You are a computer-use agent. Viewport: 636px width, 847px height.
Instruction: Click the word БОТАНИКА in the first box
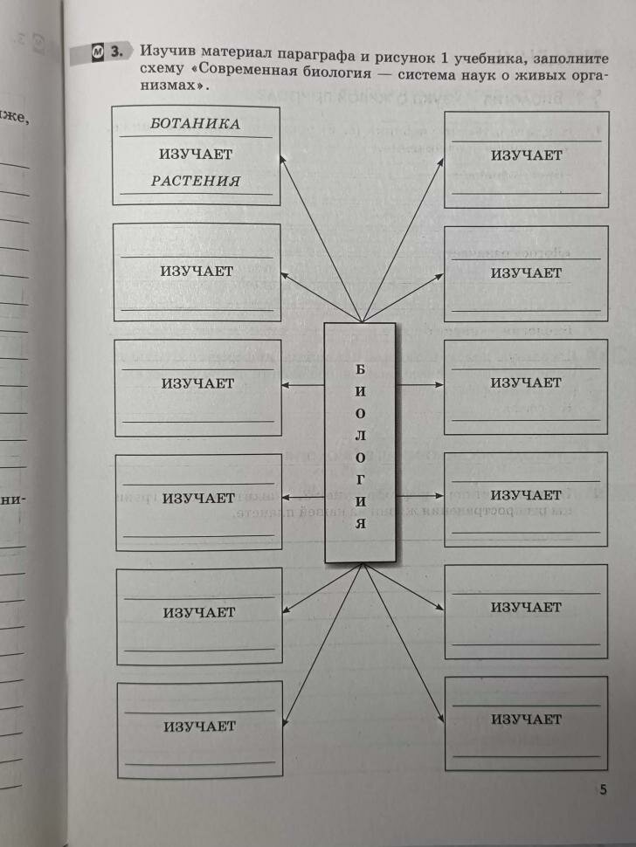coord(195,124)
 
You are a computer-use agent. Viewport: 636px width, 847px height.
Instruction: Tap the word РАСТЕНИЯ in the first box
coord(195,182)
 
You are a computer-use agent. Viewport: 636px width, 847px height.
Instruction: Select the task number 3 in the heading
coord(118,54)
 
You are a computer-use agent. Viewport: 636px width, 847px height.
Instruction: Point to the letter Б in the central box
coord(360,369)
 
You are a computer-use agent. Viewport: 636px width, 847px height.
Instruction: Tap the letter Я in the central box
coord(360,526)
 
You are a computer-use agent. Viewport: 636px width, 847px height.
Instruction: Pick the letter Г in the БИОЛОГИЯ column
coord(360,479)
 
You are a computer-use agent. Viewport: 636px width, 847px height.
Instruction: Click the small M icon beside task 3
coord(98,54)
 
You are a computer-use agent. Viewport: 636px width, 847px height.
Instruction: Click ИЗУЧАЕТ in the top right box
coord(526,155)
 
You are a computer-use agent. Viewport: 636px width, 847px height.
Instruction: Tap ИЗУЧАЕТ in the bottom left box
coord(199,726)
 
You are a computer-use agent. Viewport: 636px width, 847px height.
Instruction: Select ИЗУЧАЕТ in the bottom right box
coord(526,720)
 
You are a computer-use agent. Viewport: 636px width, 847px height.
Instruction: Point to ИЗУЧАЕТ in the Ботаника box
coord(195,154)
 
